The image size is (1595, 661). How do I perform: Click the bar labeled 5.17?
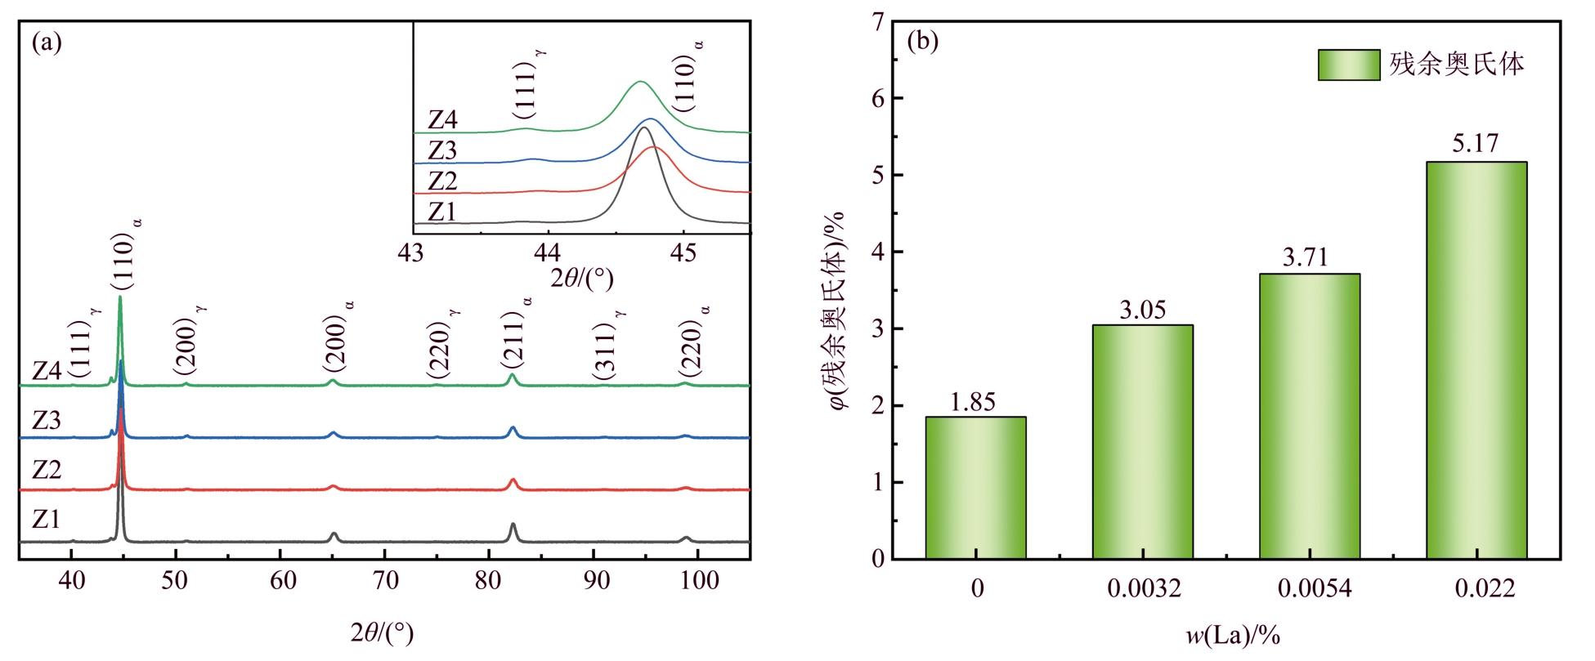(1476, 360)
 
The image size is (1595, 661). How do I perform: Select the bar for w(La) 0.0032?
(1142, 441)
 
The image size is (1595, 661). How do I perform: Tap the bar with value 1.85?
(975, 488)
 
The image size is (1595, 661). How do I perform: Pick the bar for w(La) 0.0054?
(1309, 416)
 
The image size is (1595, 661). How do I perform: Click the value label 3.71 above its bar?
(1305, 258)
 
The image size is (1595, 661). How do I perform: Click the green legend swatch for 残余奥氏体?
(1348, 65)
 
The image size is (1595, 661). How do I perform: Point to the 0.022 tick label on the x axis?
(1485, 588)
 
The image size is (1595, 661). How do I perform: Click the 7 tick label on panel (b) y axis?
(878, 22)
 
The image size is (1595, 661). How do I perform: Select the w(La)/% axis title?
(1232, 635)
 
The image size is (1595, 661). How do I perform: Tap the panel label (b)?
(923, 41)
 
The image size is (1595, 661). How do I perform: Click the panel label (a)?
(47, 42)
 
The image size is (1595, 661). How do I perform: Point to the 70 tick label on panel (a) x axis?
(385, 581)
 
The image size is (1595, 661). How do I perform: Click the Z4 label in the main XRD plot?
(47, 371)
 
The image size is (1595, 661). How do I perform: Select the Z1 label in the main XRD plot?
(46, 520)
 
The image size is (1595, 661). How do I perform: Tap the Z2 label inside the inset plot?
(442, 181)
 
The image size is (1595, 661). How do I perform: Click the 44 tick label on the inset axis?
(547, 253)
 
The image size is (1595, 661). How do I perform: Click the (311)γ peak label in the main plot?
(607, 346)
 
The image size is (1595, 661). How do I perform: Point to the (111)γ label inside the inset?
(527, 85)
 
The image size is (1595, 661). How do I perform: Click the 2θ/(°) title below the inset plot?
(581, 279)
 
